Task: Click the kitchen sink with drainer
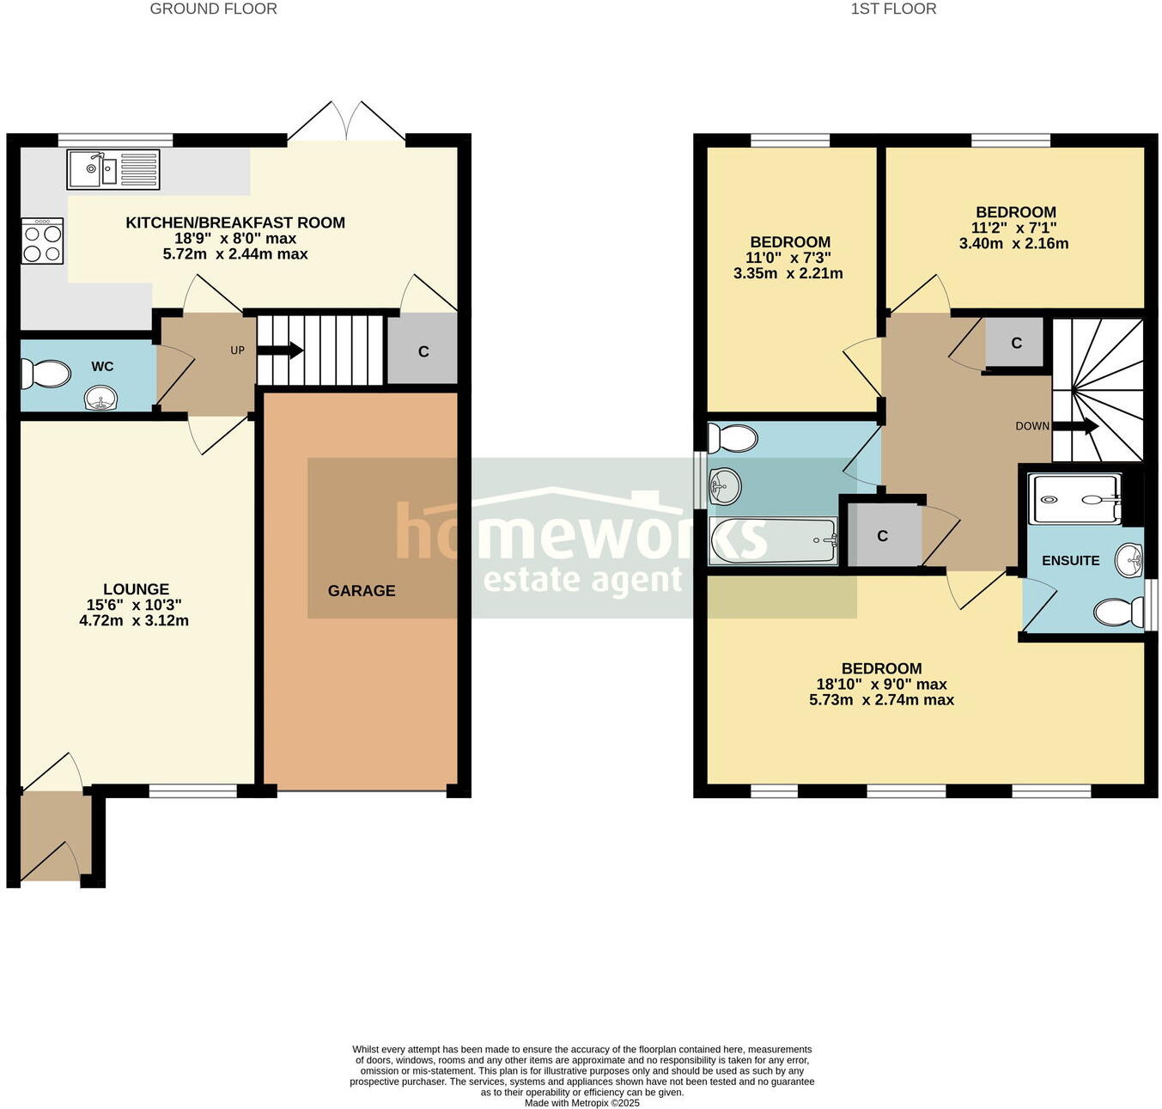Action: (x=113, y=169)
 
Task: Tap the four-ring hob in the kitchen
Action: (x=43, y=241)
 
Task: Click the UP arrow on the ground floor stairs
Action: (x=280, y=350)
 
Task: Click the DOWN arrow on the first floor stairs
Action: (x=1075, y=426)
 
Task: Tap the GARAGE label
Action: (x=362, y=591)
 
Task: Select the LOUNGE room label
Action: (x=136, y=589)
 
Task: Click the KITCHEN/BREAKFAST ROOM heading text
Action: (x=235, y=222)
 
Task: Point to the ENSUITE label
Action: (x=1070, y=561)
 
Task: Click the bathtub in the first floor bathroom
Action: (x=773, y=540)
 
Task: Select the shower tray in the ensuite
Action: (x=1076, y=499)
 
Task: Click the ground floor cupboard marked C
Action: (x=423, y=351)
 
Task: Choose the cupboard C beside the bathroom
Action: (x=883, y=536)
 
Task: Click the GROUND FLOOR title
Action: (x=213, y=9)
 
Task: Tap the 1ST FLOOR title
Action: (x=893, y=9)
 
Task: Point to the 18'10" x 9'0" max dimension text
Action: (x=881, y=685)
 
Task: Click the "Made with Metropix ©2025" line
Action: (x=581, y=1103)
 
